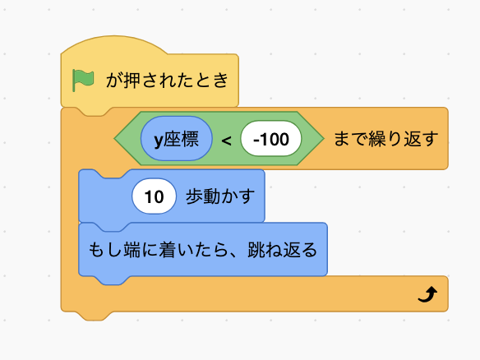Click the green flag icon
(x=83, y=81)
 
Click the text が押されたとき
(x=167, y=81)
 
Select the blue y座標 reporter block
(x=177, y=138)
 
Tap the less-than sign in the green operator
(x=226, y=141)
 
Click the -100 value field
(x=271, y=138)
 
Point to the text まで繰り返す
(x=385, y=138)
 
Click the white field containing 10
(x=154, y=196)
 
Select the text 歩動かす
(x=220, y=196)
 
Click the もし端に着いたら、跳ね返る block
(x=203, y=250)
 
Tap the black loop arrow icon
(x=427, y=294)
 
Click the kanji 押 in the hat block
(x=132, y=81)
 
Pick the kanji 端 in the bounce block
(x=132, y=250)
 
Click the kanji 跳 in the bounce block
(x=256, y=250)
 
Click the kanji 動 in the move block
(x=211, y=196)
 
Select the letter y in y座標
(x=159, y=141)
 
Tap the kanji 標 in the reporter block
(x=190, y=138)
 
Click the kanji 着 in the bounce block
(x=168, y=250)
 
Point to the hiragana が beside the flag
(x=114, y=81)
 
